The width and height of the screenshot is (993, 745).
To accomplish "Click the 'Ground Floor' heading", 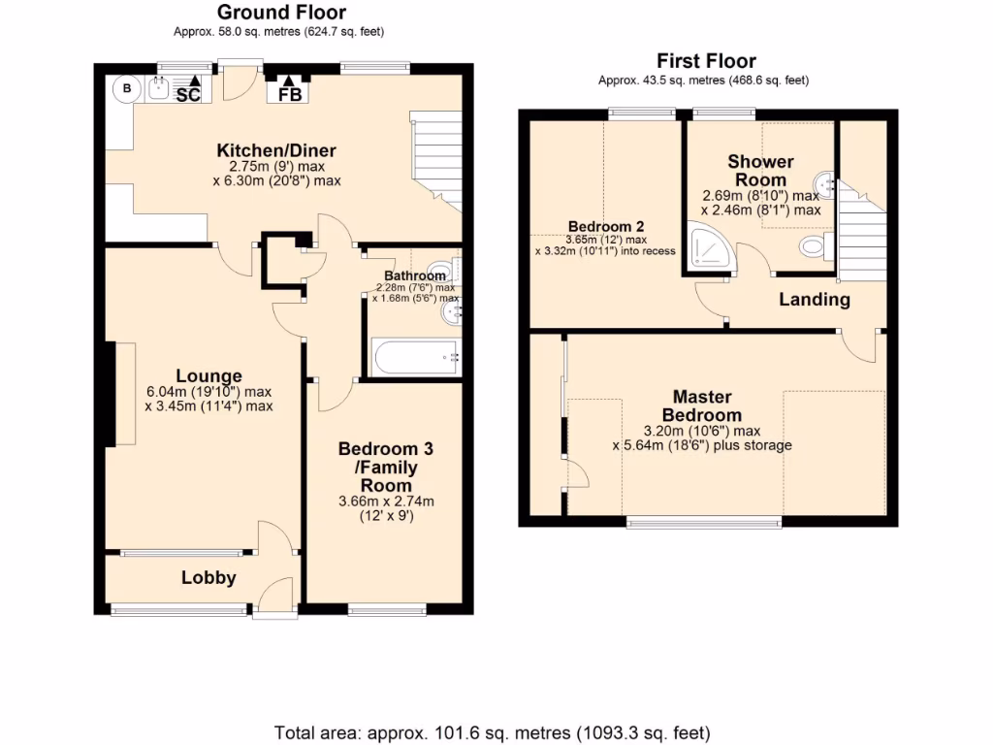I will tap(280, 13).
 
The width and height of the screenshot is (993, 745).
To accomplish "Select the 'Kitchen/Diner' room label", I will tap(276, 150).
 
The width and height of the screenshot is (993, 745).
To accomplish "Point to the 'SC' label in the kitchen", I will tap(188, 94).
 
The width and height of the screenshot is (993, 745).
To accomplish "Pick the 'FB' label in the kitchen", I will tap(290, 94).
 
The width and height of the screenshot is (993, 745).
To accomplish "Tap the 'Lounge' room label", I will tap(208, 376).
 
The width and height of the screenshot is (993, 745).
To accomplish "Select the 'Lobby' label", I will tap(208, 578).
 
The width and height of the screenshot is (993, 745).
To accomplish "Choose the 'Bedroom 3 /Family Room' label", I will tap(385, 467).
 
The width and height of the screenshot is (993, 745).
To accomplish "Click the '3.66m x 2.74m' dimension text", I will tap(385, 502).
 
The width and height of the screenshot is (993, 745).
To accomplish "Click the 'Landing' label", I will tap(815, 300).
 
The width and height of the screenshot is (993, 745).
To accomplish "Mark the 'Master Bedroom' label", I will tap(702, 406).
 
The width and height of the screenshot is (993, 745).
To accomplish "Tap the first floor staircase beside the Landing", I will tap(862, 233).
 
